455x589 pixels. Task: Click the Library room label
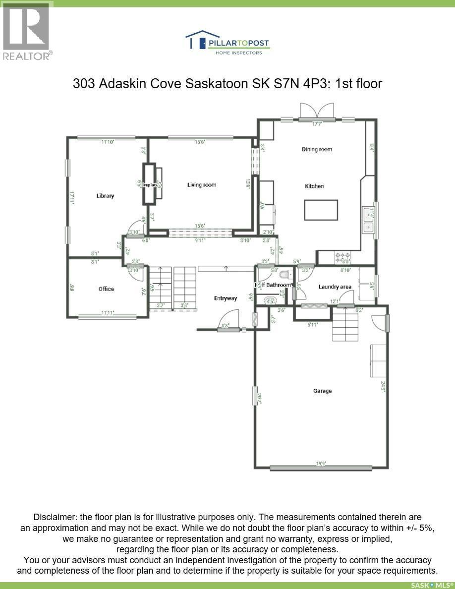pos(105,196)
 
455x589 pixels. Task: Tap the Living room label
pos(202,185)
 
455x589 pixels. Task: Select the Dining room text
pos(317,149)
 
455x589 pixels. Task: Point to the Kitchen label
pos(314,186)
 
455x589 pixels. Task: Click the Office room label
pos(106,289)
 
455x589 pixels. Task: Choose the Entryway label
pos(226,298)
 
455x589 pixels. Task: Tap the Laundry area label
pos(335,287)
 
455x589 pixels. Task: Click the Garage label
pos(322,391)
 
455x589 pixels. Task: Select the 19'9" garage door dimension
pos(321,465)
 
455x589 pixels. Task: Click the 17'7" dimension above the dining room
pos(317,124)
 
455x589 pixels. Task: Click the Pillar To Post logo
pos(227,42)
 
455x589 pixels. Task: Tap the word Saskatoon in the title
pos(216,83)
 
